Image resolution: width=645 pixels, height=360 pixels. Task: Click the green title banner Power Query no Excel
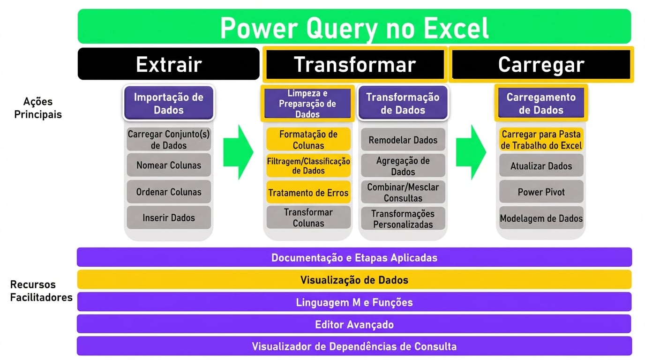pos(354,27)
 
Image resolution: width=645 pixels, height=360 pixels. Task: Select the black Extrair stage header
pos(168,64)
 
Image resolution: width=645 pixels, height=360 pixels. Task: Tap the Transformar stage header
pos(354,64)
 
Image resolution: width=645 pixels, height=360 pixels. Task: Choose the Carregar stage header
pos(541,64)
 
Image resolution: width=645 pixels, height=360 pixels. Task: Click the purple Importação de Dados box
pos(169,104)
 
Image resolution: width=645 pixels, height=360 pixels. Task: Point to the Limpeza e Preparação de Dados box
pos(307,103)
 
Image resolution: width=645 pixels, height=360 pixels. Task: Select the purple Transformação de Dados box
pos(403,104)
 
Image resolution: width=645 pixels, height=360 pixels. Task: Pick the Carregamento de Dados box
pos(541,104)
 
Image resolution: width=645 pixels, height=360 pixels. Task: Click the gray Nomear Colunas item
pos(169,165)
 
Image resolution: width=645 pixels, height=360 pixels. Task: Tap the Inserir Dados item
pos(169,217)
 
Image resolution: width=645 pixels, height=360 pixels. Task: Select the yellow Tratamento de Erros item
pos(308,192)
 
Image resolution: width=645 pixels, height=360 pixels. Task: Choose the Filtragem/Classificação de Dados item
pos(308,165)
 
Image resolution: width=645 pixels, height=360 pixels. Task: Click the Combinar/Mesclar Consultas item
pos(403,192)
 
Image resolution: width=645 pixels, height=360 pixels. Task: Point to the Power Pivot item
pos(541,192)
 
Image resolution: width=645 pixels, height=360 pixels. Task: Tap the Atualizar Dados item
pos(541,166)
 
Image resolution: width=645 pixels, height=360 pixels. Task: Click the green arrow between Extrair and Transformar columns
pos(238,152)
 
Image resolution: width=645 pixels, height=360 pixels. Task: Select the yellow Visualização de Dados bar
pos(354,280)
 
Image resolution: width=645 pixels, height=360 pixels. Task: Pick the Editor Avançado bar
pos(354,324)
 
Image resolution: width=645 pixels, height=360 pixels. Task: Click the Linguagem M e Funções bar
pos(354,302)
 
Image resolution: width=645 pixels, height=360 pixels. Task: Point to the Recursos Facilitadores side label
pos(41,291)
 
